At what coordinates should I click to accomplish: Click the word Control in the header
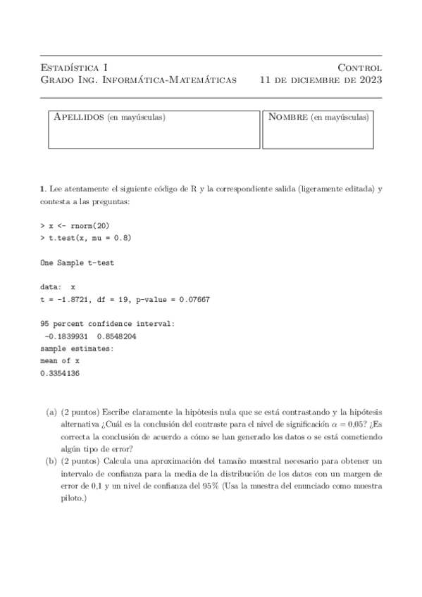click(x=359, y=68)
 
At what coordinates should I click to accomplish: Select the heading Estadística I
click(x=73, y=68)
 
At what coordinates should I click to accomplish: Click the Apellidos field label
click(x=80, y=117)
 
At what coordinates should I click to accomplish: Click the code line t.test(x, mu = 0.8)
click(x=89, y=238)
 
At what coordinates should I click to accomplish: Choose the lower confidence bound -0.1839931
click(x=66, y=336)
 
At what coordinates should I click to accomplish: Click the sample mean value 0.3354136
click(x=60, y=373)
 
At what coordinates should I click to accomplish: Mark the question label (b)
click(x=51, y=461)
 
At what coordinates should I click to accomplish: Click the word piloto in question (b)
click(x=73, y=498)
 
